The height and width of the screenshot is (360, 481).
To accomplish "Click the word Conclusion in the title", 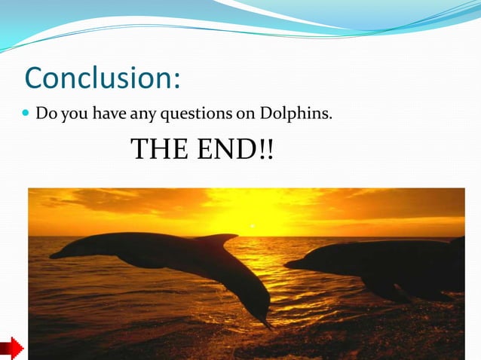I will [99, 77].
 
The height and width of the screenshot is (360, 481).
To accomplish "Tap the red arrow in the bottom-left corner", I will [11, 349].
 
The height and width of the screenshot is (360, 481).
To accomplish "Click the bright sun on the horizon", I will [253, 224].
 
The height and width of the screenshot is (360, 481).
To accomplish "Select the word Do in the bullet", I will [46, 114].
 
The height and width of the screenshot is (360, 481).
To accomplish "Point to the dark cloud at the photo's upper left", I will [83, 200].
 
